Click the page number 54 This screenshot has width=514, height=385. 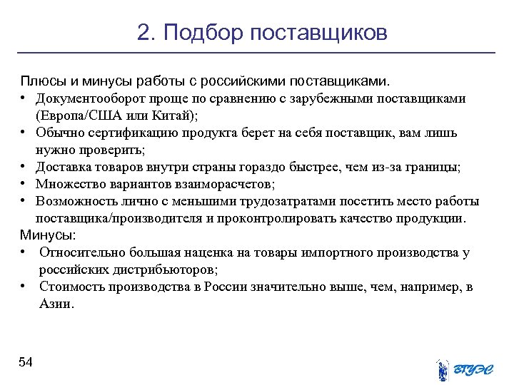pyautogui.click(x=26, y=362)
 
